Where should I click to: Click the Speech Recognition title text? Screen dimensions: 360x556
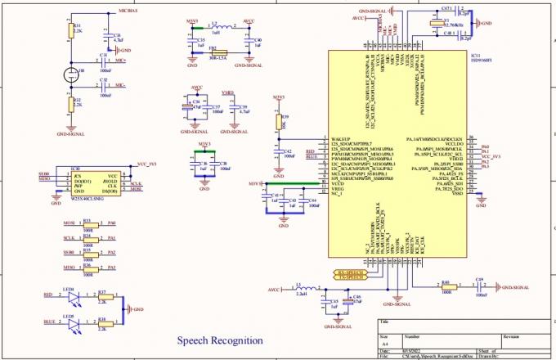click(221, 340)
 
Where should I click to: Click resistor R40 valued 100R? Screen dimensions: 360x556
click(446, 287)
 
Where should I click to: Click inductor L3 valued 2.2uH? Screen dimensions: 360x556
click(299, 289)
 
